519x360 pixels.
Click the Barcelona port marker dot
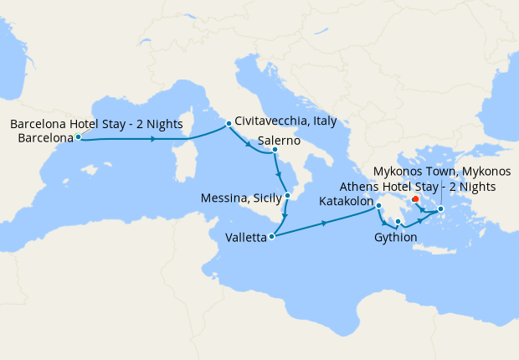78,136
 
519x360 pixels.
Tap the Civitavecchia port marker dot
228,126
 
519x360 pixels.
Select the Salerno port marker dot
275,151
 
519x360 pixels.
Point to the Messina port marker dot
287,195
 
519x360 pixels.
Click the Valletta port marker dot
271,237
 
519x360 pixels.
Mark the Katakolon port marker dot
378,206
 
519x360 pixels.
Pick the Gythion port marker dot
398,222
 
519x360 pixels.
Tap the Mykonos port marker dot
440,208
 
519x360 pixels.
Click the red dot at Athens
416,198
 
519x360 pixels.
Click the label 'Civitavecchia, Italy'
285,121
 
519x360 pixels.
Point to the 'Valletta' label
246,238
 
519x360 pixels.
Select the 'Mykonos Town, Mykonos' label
439,172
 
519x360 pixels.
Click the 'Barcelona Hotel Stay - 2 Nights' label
96,125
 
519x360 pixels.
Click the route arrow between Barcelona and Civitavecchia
153,139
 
